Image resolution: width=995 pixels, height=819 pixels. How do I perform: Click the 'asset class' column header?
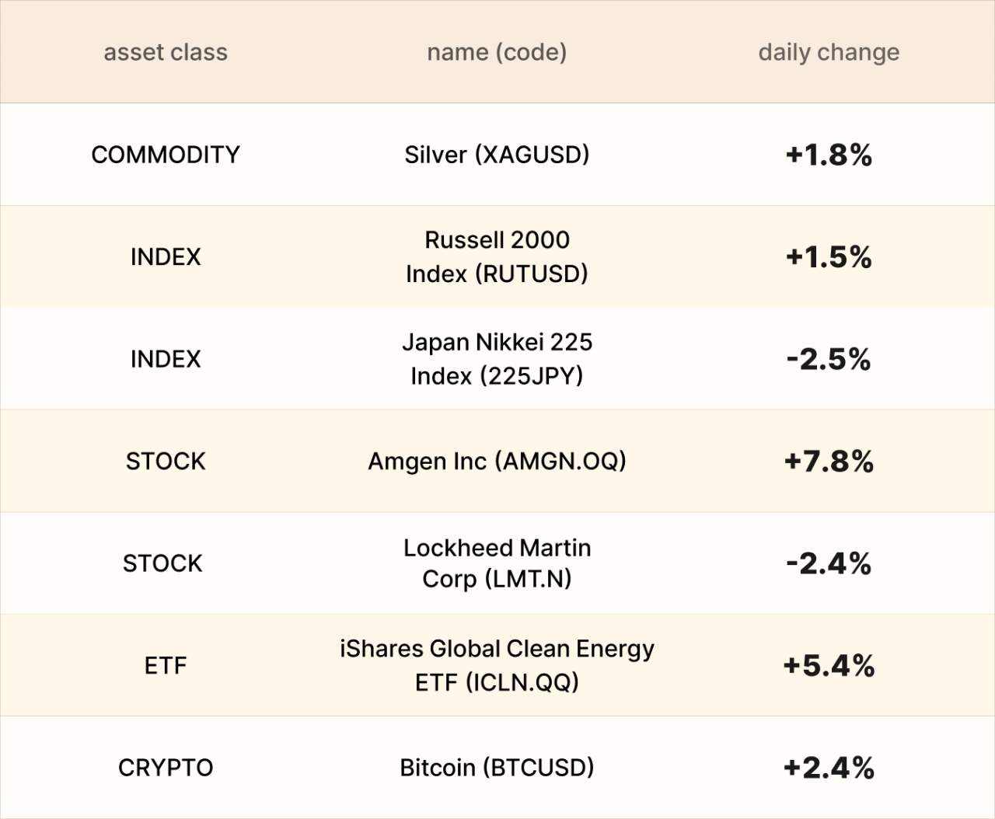(166, 52)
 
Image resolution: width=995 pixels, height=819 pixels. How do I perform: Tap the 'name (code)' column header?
(497, 52)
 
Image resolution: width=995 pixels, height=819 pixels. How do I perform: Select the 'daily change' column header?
(829, 52)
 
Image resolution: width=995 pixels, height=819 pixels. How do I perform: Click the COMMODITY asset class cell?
(166, 155)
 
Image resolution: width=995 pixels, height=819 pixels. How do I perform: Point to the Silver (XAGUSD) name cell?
(497, 155)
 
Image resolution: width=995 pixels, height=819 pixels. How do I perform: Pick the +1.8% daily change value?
(829, 155)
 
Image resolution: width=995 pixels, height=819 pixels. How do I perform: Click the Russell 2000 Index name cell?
(497, 256)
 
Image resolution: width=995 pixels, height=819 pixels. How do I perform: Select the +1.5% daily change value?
(829, 256)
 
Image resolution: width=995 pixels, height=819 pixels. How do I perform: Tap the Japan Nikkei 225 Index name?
(497, 359)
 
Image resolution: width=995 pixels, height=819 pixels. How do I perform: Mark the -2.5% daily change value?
(829, 359)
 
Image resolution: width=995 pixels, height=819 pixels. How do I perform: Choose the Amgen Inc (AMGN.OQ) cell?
(497, 462)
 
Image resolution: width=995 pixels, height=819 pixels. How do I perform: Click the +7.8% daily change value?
(829, 462)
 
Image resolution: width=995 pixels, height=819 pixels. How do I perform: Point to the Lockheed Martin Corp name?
(497, 563)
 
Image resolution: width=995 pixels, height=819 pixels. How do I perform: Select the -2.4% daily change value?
(829, 563)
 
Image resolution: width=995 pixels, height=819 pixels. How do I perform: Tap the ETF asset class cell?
(166, 666)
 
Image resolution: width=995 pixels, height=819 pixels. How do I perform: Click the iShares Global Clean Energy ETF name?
(497, 666)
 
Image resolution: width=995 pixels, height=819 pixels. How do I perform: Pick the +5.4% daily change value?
(829, 666)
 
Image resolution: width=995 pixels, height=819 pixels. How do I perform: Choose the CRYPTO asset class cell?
(166, 768)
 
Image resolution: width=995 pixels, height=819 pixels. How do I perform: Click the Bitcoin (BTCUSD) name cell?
(497, 768)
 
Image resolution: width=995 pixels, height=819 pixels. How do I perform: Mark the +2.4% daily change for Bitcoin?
(829, 768)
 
